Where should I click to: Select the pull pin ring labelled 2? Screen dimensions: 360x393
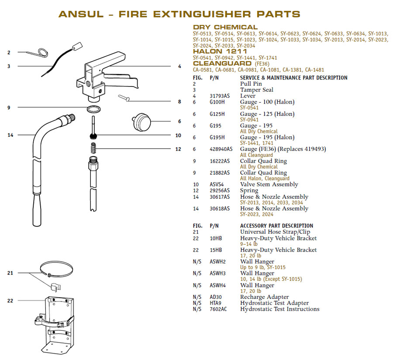coord(42,52)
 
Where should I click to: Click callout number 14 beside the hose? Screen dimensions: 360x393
coord(10,135)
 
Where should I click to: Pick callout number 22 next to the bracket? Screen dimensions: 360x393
coord(10,301)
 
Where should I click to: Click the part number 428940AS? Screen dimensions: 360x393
coord(221,149)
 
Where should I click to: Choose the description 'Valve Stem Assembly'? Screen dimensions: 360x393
coord(269,184)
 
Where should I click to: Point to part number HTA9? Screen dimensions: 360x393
coord(216,303)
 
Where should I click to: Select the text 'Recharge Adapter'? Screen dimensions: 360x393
coord(265,297)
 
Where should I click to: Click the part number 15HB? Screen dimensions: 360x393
coord(216,250)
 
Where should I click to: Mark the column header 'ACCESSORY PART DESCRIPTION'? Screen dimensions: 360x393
coord(276,226)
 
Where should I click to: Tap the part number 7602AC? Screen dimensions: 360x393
coord(218,309)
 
